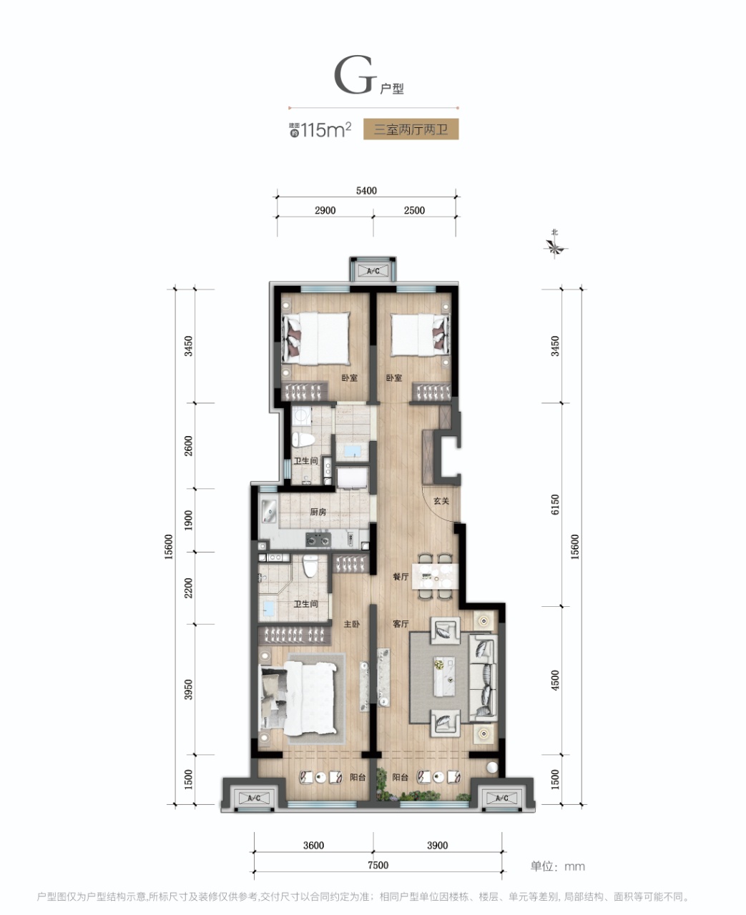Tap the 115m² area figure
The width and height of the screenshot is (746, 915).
pos(326,129)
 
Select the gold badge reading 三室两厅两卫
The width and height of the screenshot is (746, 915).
pos(411,129)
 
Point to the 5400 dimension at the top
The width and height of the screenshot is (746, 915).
pos(366,190)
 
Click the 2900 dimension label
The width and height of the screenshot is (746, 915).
pos(325,210)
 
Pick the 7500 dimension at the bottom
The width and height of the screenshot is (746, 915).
pos(378,865)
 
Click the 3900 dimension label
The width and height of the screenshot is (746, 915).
pos(438,846)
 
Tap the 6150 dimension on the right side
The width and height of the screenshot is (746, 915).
pos(555,505)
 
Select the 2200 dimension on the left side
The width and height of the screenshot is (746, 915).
pos(188,588)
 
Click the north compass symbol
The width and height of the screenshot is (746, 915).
pos(555,246)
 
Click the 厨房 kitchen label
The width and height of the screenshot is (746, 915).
pos(318,512)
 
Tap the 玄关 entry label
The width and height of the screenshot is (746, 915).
pos(441,501)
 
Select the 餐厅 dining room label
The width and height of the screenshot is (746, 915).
pos(401,577)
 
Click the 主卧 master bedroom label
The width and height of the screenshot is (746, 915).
pos(351,624)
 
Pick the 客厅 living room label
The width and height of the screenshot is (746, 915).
pos(401,624)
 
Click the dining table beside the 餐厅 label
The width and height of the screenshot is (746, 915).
pos(435,576)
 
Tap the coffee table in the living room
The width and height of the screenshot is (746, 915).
pos(444,676)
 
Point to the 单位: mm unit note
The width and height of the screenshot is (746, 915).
pos(557,866)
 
